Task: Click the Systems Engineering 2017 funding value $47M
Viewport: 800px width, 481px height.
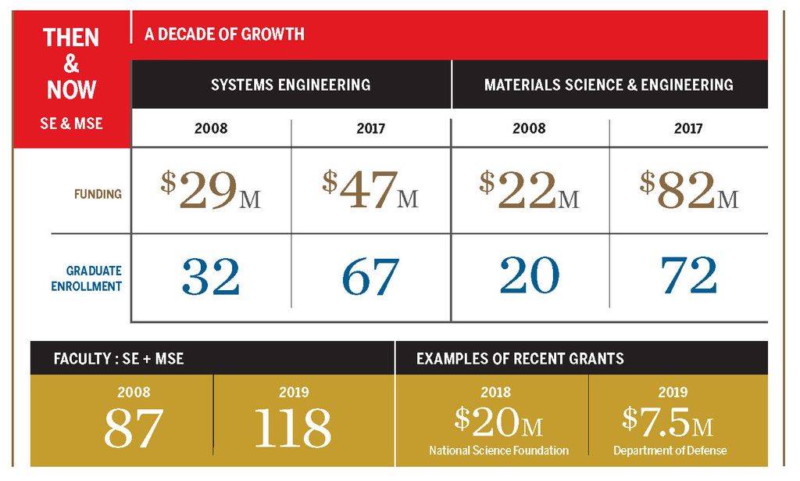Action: pos(370,191)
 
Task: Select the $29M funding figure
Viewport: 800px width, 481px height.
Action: pos(211,191)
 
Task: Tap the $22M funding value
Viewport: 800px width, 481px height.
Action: pos(530,191)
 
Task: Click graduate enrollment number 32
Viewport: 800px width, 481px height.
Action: pos(211,275)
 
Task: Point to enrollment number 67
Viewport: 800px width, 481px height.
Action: pos(370,275)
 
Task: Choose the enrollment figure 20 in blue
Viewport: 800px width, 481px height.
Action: pos(530,275)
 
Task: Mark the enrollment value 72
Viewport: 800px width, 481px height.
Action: pos(688,275)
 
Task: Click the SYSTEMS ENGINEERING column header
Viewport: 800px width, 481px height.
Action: pos(291,84)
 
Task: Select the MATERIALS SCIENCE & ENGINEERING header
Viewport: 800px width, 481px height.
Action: pos(609,84)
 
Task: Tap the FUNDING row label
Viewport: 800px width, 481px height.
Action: pos(98,193)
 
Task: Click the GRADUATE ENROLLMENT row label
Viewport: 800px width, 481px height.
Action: pos(87,278)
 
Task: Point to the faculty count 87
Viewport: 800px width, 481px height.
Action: pos(133,427)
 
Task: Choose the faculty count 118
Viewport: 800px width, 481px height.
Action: pos(293,427)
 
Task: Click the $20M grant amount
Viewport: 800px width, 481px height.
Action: pos(498,422)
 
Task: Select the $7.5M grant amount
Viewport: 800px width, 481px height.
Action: pos(668,422)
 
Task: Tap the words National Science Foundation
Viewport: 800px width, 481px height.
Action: pos(498,450)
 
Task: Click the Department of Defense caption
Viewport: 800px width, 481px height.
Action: pos(670,450)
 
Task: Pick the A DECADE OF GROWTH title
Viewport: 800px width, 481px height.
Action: pos(224,35)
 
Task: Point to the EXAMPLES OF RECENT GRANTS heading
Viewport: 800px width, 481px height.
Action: pos(520,359)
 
